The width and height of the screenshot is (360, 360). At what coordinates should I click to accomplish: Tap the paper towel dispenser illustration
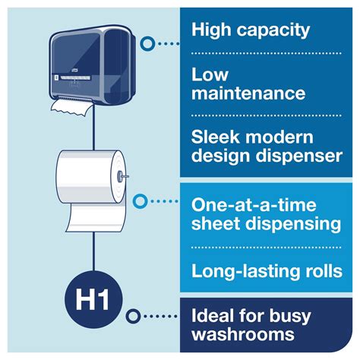[93, 65]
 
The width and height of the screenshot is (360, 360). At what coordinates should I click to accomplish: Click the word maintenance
[247, 95]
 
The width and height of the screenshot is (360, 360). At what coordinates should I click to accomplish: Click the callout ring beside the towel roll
[139, 201]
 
